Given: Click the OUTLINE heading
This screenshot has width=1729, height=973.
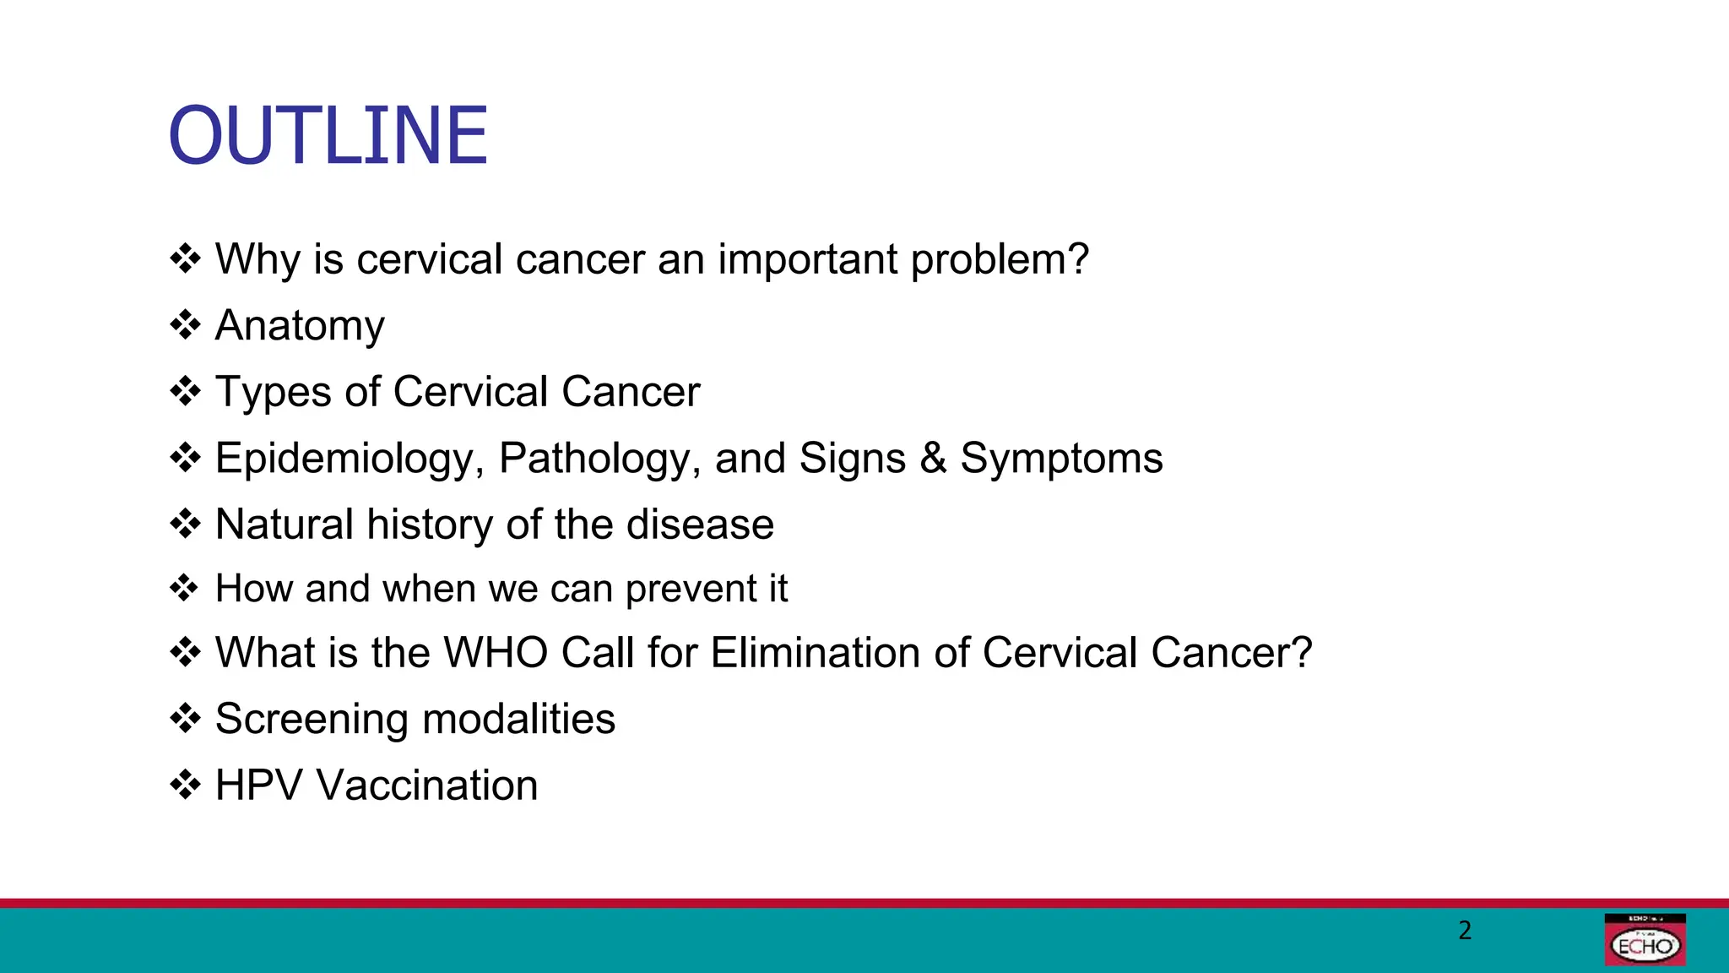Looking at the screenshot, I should pos(328,135).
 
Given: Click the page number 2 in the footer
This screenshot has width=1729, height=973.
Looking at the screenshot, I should pos(1465,930).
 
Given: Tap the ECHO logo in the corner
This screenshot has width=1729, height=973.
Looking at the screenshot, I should pos(1645,940).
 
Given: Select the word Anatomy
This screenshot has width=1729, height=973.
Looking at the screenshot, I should pos(300,326).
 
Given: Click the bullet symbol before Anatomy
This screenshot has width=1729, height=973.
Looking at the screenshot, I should pos(185,324).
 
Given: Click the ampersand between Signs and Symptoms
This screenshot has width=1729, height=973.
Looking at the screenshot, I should pos(933,458).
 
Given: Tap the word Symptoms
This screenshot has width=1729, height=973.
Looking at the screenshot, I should pos(1061,459).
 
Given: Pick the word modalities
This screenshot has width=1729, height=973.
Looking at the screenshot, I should pos(518,720).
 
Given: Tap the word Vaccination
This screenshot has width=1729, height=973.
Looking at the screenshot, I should pos(427,785).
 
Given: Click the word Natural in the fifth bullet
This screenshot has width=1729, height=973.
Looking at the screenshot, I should pos(285,525).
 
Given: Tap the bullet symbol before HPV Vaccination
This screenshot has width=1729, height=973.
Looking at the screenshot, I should pos(185,785).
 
